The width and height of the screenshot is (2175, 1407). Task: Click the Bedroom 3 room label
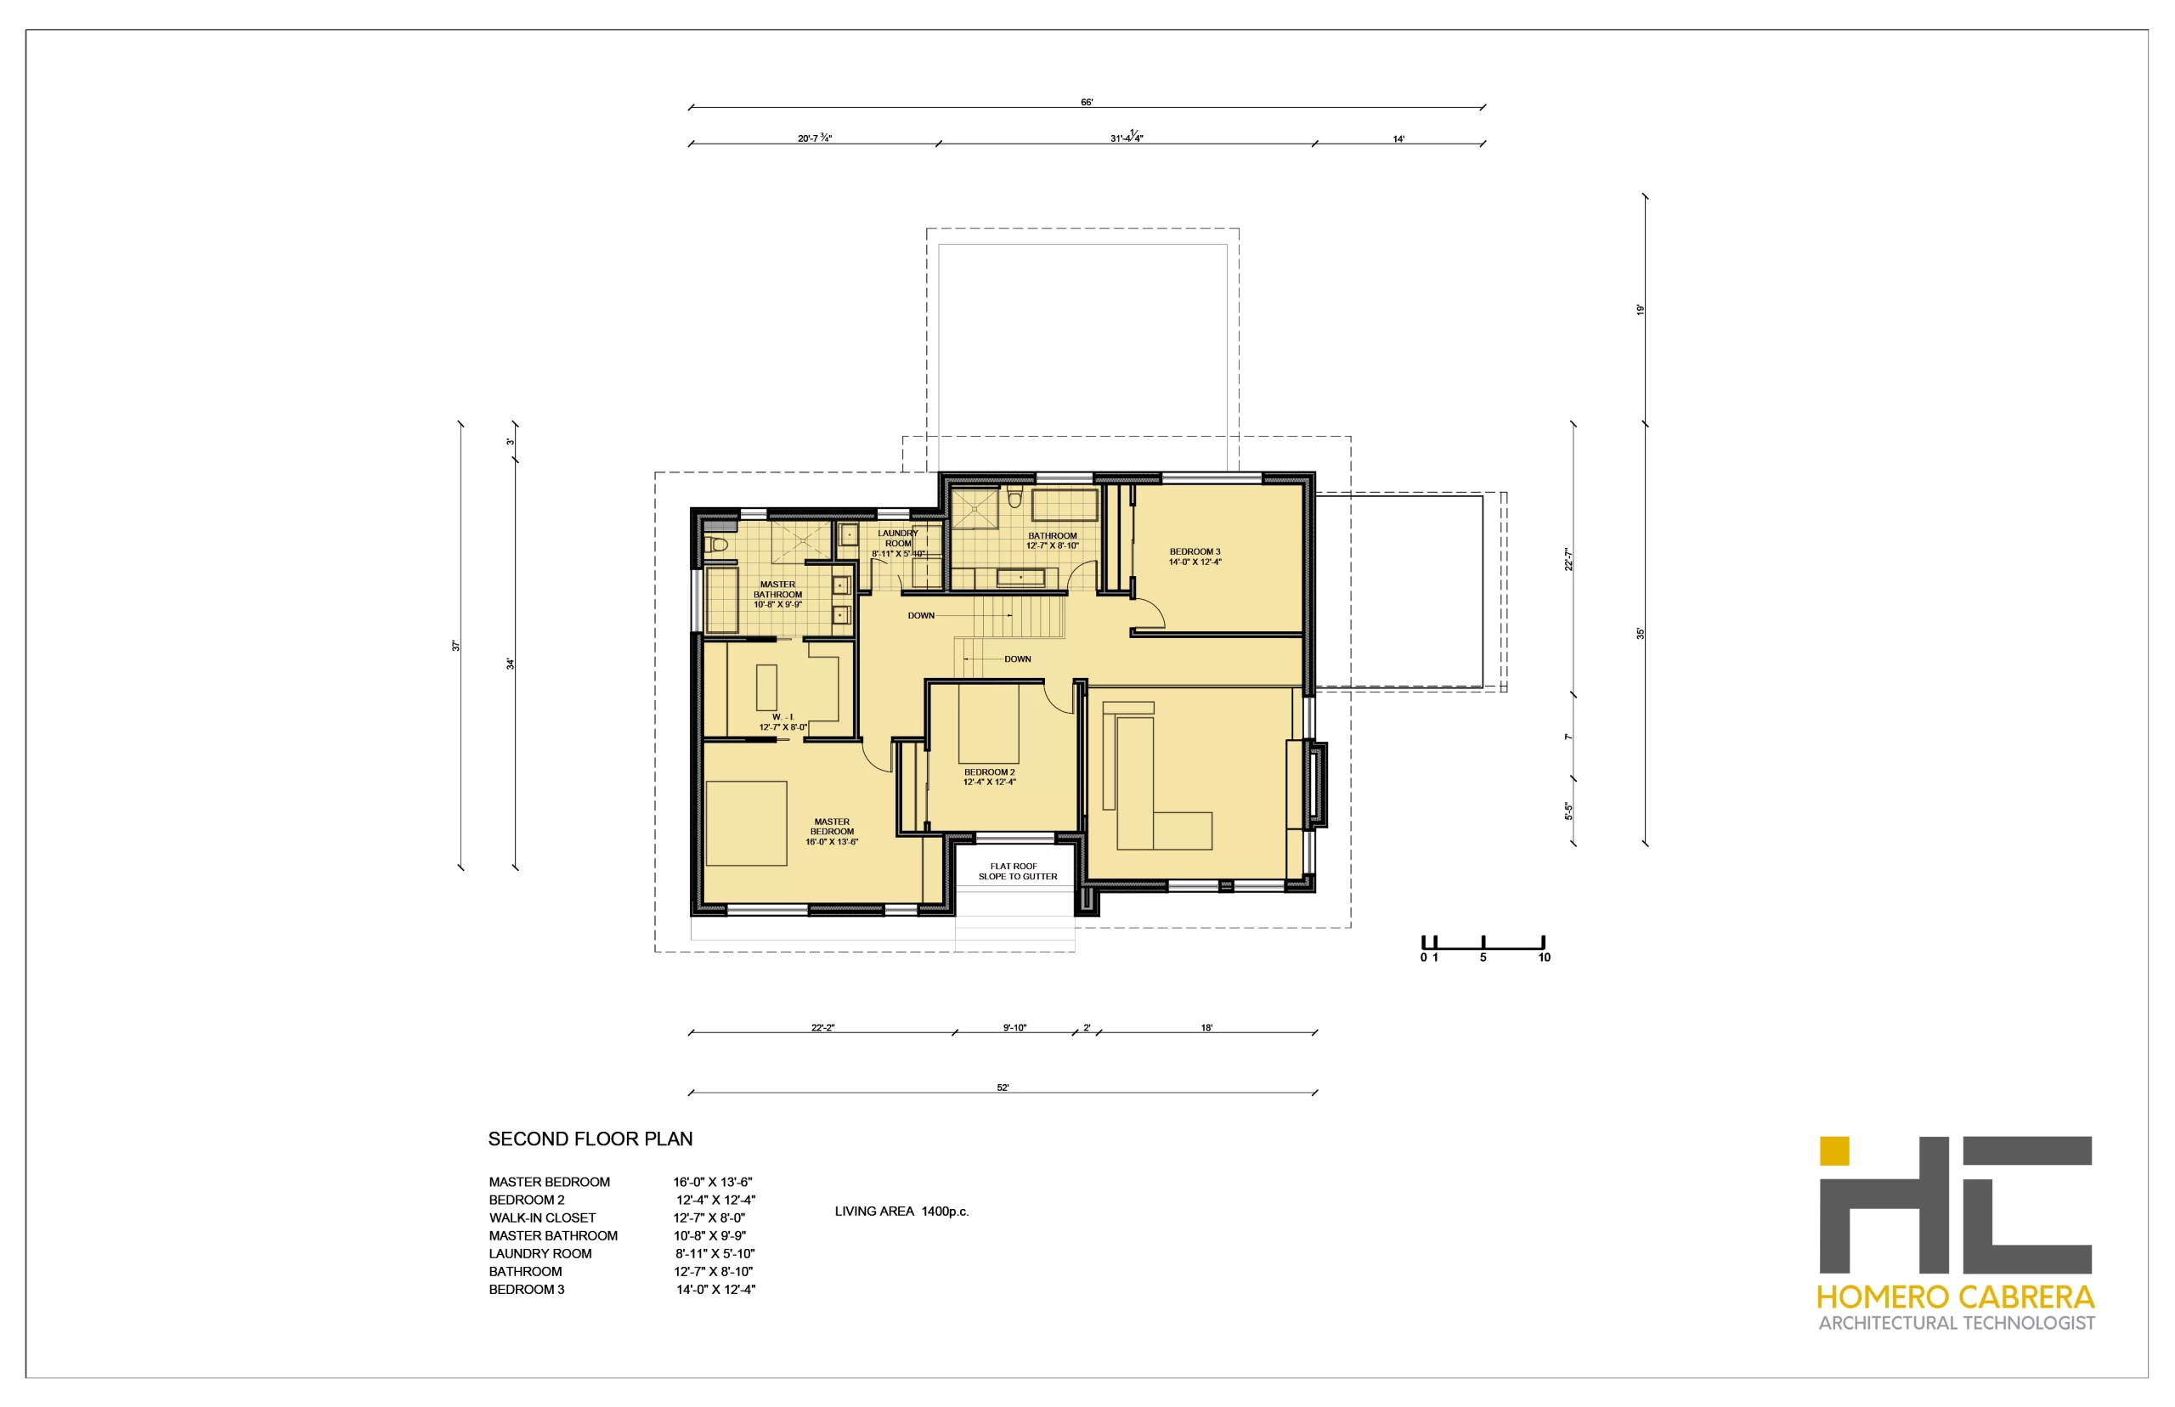tap(1194, 557)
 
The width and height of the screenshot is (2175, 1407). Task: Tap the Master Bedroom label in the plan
tap(831, 832)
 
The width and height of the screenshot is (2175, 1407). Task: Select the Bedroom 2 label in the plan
tap(989, 777)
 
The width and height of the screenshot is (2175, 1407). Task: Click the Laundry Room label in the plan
tap(898, 543)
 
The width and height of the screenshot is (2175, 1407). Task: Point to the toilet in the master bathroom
tap(717, 545)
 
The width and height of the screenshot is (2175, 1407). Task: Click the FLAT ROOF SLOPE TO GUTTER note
tap(1017, 871)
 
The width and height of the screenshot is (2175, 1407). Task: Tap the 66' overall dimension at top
tap(1086, 102)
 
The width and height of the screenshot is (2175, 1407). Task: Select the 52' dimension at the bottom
tap(1002, 1088)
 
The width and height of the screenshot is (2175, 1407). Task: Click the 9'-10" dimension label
tap(1014, 1028)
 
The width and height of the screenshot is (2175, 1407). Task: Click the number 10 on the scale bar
tap(1544, 958)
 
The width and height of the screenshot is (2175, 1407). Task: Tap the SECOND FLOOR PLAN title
tap(590, 1139)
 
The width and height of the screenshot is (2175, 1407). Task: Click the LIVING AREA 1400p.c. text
tap(901, 1212)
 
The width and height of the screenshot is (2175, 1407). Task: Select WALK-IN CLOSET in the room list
tap(542, 1218)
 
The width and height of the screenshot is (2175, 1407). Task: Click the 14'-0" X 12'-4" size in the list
tap(715, 1289)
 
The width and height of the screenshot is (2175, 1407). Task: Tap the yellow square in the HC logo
tap(1833, 1151)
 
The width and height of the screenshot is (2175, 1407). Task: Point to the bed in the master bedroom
tap(746, 823)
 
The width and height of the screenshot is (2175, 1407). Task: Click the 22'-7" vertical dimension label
tap(1568, 559)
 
